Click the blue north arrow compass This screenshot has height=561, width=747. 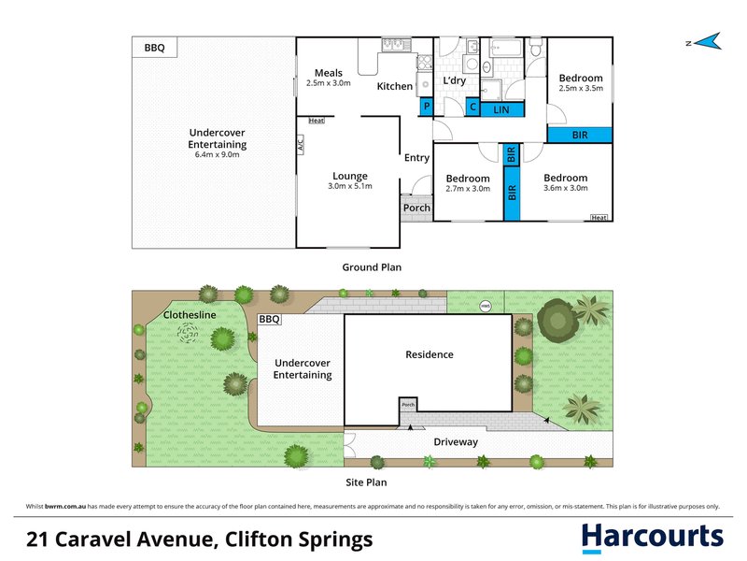click(x=709, y=42)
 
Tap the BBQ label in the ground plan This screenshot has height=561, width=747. click(x=154, y=48)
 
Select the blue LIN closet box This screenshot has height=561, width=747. click(x=501, y=109)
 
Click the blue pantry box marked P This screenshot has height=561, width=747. click(x=427, y=107)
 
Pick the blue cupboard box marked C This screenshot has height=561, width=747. click(x=472, y=107)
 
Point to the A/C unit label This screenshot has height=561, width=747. click(x=301, y=144)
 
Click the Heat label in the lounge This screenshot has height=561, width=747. click(x=317, y=121)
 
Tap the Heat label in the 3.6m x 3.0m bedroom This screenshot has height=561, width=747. click(x=599, y=218)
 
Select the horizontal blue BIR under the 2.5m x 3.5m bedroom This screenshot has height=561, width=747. click(x=580, y=135)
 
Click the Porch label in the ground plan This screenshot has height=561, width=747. click(x=416, y=208)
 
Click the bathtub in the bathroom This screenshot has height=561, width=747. click(x=505, y=49)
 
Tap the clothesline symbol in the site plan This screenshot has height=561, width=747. click(x=188, y=333)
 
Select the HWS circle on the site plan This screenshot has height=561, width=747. click(x=485, y=307)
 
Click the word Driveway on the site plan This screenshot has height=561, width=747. click(x=456, y=442)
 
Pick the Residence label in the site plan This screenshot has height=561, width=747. click(x=430, y=354)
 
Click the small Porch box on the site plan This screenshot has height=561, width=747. click(x=408, y=405)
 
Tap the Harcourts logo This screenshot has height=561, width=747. click(x=652, y=537)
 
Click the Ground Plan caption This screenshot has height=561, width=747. click(x=372, y=267)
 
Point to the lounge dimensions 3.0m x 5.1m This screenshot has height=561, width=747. click(x=350, y=186)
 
